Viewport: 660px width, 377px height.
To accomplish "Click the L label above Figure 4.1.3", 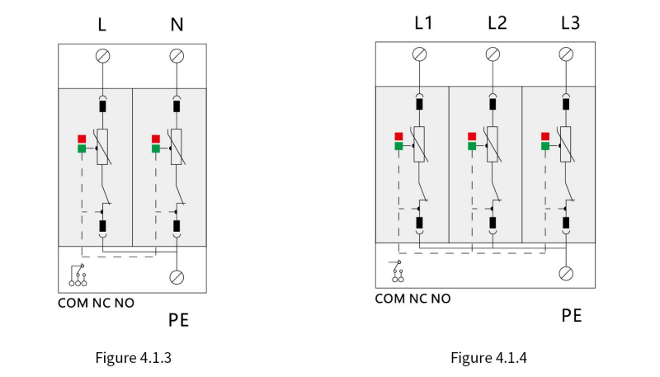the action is click(101, 25).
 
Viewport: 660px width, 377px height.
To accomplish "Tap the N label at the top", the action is click(177, 25).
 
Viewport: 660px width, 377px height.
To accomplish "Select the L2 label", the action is click(497, 23).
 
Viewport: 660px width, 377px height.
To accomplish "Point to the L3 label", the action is click(570, 23).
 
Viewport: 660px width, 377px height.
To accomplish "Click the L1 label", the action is click(423, 23).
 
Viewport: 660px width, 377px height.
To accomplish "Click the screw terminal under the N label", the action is click(177, 56).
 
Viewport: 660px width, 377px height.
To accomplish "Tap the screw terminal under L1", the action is click(419, 54).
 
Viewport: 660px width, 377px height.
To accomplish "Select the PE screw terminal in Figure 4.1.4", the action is click(566, 274).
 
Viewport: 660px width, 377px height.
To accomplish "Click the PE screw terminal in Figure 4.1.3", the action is click(177, 277).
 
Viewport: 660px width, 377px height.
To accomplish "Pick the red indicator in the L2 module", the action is click(472, 136).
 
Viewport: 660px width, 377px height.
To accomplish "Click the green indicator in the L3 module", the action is click(545, 146).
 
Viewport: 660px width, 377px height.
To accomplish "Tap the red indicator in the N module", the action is click(156, 139).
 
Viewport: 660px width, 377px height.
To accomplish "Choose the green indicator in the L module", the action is click(82, 148).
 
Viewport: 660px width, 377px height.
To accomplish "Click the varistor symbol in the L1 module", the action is click(419, 144).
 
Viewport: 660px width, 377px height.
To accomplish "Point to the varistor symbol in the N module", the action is click(177, 147).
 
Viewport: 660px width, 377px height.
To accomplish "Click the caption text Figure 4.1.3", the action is click(134, 358).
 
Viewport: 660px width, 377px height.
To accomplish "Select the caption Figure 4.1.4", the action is click(488, 358).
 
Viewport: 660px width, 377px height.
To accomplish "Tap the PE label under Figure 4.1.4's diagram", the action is click(572, 316).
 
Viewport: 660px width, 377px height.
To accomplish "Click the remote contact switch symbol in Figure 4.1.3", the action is click(78, 276).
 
